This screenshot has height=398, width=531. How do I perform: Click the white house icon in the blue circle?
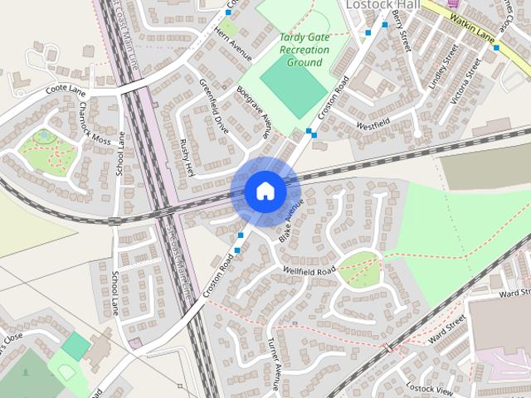(x=265, y=191)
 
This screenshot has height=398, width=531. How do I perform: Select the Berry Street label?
(x=402, y=32)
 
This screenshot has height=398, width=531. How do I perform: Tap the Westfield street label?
(x=373, y=124)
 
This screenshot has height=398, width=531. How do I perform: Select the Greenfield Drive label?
(x=213, y=106)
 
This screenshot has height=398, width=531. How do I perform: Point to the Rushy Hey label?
(x=185, y=158)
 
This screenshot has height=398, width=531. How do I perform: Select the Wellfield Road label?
(x=309, y=271)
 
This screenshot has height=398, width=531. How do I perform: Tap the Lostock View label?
(x=430, y=390)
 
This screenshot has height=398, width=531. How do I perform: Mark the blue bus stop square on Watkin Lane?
(x=495, y=48)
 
